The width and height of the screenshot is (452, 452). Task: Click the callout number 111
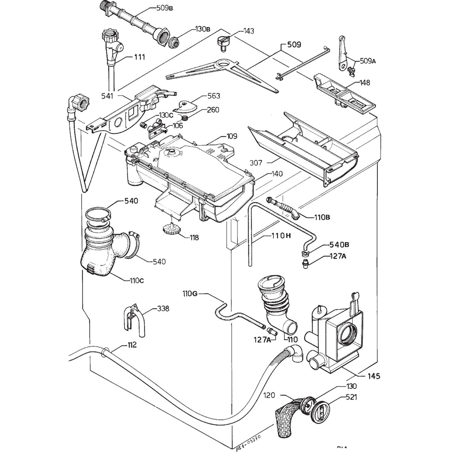[x=139, y=57]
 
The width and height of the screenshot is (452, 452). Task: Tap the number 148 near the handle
[x=365, y=83]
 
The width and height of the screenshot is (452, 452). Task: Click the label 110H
[x=281, y=236]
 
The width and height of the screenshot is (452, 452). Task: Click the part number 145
[x=373, y=377]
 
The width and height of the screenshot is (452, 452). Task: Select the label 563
[x=213, y=96]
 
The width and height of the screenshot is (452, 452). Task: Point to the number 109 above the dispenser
[x=231, y=136]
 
